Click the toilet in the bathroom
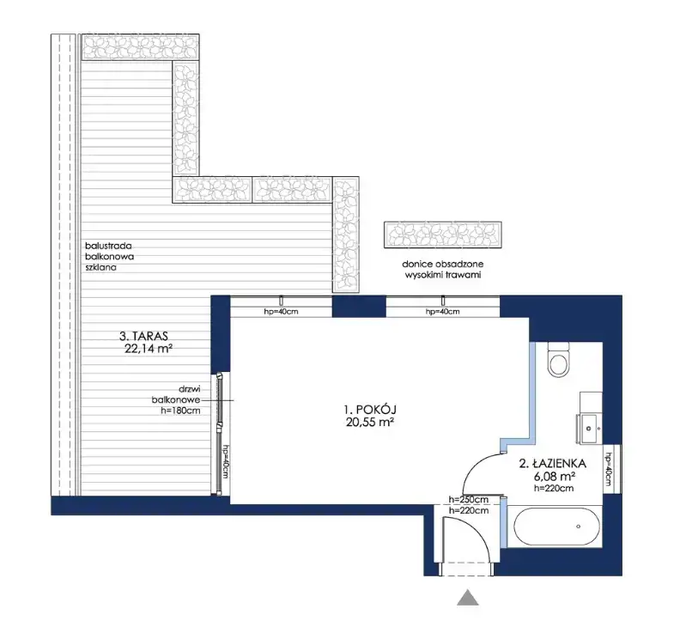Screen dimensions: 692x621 (x=558, y=360)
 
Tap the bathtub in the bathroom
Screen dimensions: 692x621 (x=555, y=527)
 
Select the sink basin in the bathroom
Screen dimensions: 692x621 (x=588, y=428)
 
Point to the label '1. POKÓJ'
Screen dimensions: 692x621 (x=370, y=410)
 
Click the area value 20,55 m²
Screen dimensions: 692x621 (x=370, y=423)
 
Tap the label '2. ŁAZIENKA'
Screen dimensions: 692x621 (x=553, y=464)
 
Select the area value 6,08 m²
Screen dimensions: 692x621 (x=555, y=477)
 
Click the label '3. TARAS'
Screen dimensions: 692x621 (x=143, y=337)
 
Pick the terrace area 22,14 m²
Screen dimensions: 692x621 (x=149, y=349)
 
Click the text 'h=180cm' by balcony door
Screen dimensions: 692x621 (x=180, y=411)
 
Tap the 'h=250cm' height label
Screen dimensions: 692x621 (x=469, y=500)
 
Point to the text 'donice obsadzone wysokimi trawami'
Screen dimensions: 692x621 (x=443, y=269)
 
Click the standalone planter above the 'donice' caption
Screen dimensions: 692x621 (x=443, y=234)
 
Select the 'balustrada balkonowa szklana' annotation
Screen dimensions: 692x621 (x=109, y=257)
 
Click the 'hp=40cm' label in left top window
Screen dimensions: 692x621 (x=281, y=312)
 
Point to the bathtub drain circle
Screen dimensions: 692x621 (x=578, y=527)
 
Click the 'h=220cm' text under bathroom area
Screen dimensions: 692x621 (x=555, y=488)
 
